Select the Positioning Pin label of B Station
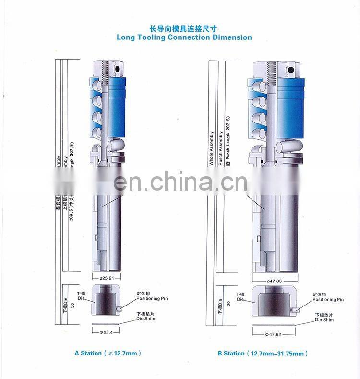click(x=328, y=299)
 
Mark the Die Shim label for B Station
click(x=324, y=319)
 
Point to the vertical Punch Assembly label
click(x=220, y=148)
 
